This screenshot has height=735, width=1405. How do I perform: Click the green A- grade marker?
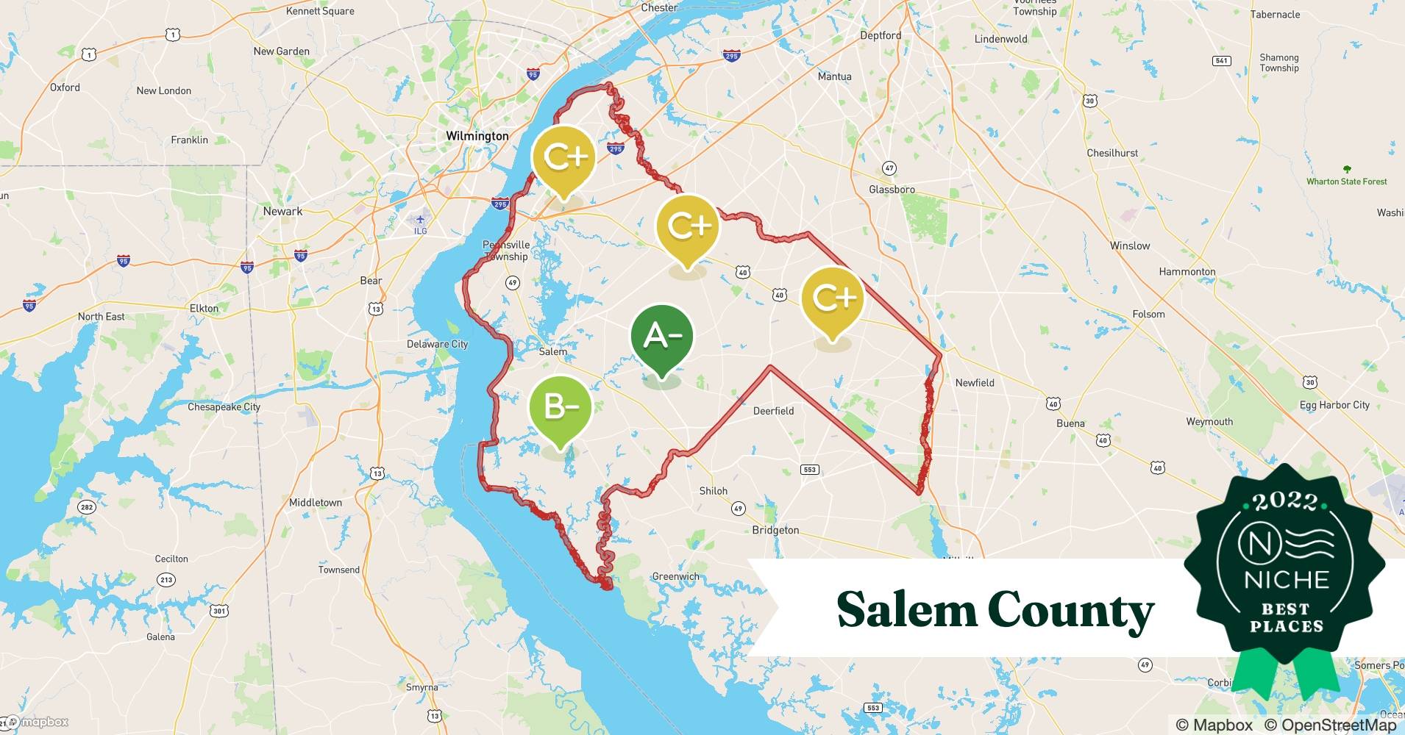662,337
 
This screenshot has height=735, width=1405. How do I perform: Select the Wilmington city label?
477,136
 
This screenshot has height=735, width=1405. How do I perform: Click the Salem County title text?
995,609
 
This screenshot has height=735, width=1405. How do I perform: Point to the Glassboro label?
892,190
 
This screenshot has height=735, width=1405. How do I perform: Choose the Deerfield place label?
773,411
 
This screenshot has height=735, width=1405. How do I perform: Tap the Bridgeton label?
775,530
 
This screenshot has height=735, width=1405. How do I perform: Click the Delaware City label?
437,344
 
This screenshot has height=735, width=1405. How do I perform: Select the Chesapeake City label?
224,406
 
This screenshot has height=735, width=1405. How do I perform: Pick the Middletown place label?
316,503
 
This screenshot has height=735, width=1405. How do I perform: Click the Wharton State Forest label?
1346,182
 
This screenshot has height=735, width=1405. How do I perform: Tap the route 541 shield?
1221,60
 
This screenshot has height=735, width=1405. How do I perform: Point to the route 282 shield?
87,507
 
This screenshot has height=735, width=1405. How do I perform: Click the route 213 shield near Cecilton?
166,580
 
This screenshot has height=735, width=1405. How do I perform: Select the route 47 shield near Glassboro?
889,168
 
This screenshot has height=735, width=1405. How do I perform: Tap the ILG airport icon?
420,220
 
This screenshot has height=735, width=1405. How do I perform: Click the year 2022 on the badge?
1285,502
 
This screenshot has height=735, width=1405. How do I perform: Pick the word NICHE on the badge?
1287,580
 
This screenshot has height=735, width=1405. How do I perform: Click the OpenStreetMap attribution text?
1330,725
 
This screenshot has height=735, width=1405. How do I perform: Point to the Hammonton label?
1187,271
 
